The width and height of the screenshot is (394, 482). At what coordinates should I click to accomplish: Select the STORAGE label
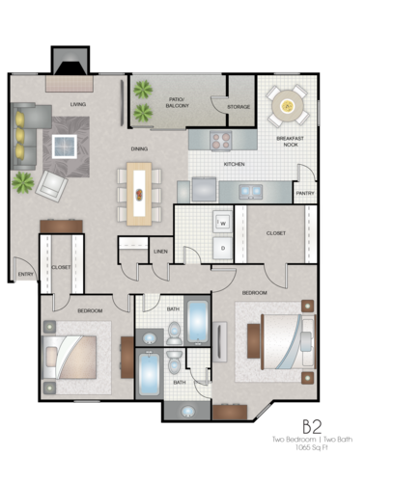239,106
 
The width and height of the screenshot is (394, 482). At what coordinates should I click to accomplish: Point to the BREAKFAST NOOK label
290,142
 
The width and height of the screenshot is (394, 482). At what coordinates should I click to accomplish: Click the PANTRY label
305,193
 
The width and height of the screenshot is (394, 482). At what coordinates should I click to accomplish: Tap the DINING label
140,148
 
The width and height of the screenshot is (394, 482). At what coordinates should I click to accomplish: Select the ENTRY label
25,275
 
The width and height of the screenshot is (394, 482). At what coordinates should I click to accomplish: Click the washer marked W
222,222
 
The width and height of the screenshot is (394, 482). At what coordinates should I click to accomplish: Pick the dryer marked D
222,248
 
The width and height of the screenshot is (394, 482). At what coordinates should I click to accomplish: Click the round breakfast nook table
287,104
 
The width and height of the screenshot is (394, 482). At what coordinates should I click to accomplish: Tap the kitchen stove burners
221,139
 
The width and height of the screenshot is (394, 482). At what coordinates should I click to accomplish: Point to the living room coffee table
66,147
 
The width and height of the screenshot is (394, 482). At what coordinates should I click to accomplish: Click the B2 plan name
311,425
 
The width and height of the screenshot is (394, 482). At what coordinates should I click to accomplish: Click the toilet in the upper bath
174,332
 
